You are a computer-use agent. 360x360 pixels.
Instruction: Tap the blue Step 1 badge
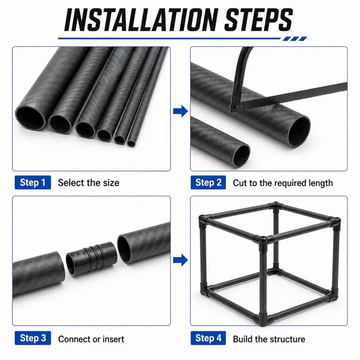pyautogui.click(x=33, y=183)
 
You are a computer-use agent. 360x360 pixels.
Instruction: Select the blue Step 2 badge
pyautogui.click(x=208, y=183)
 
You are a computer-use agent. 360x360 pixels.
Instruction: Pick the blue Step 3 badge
pyautogui.click(x=33, y=338)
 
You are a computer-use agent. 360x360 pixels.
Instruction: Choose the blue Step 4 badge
pyautogui.click(x=208, y=338)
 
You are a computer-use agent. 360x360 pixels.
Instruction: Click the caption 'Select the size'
pyautogui.click(x=89, y=183)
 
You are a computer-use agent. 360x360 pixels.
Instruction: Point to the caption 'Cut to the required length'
pyautogui.click(x=283, y=183)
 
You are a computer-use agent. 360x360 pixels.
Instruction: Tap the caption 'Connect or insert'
pyautogui.click(x=91, y=339)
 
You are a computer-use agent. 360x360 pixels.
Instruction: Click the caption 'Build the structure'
pyautogui.click(x=269, y=339)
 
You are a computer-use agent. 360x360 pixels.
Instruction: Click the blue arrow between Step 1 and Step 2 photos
pyautogui.click(x=180, y=111)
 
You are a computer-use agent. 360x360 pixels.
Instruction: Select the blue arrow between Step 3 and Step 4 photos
pyautogui.click(x=180, y=260)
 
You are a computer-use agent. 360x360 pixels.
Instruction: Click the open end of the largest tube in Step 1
pyautogui.click(x=30, y=118)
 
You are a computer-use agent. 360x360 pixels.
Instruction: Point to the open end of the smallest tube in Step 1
pyautogui.click(x=131, y=143)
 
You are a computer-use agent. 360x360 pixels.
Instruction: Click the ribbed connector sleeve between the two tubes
pyautogui.click(x=91, y=258)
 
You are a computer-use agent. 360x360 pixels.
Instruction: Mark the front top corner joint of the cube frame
pyautogui.click(x=263, y=240)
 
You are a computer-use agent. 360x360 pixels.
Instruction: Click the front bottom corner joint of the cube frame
pyautogui.click(x=263, y=317)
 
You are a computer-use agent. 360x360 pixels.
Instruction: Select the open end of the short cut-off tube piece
pyautogui.click(x=241, y=155)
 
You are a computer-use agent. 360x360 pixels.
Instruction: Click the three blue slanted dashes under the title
pyautogui.click(x=295, y=39)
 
